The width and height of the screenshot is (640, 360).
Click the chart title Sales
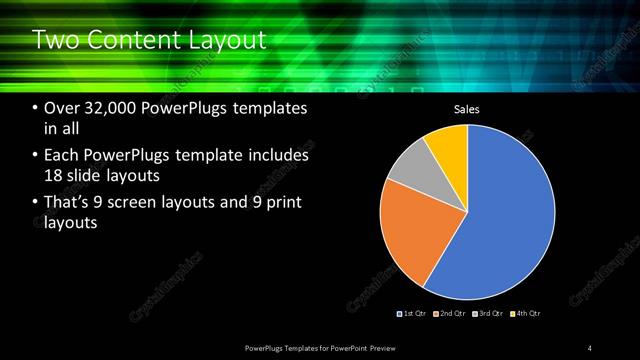[x=468, y=109]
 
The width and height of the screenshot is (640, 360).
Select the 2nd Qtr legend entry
[x=453, y=314]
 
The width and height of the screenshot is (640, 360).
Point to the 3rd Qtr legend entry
[x=489, y=314]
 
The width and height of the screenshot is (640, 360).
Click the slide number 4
[x=590, y=347]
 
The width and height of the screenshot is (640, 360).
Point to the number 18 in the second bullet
[x=55, y=176]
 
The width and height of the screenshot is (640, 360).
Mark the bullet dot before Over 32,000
[x=36, y=109]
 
